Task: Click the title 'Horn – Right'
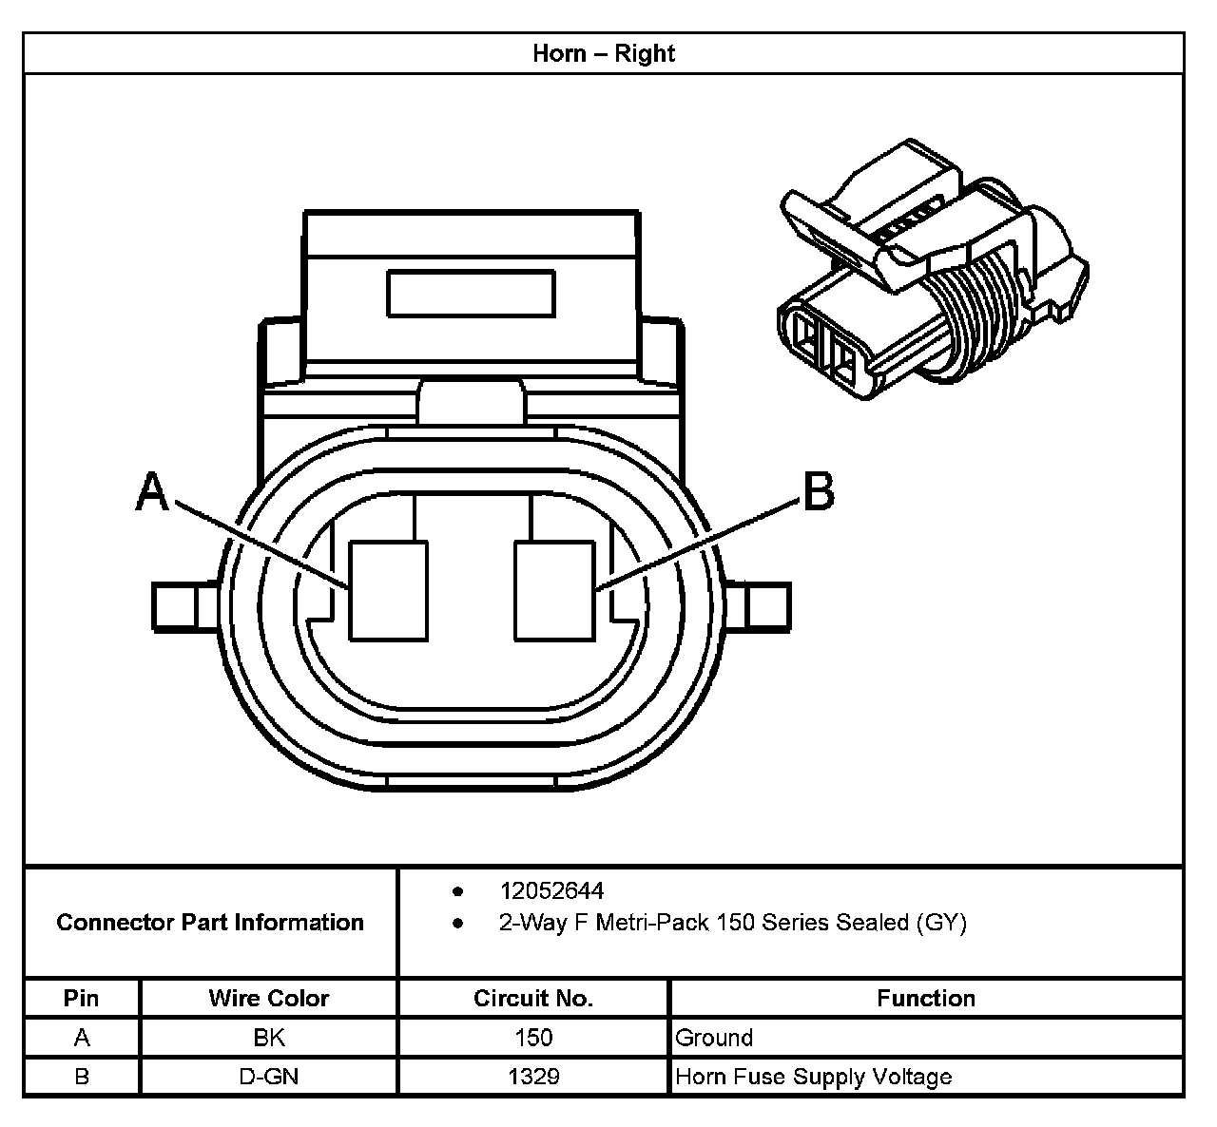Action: [604, 53]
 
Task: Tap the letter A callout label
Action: [153, 493]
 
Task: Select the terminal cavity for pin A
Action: [388, 590]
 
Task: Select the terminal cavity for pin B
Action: [554, 590]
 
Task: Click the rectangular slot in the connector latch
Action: [471, 294]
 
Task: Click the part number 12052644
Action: [551, 891]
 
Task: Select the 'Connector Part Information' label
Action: [210, 923]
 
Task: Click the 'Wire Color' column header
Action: [268, 999]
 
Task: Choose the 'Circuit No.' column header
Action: [532, 999]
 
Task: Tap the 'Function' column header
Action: [925, 999]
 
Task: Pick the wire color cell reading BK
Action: [268, 1038]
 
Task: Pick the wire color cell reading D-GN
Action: [268, 1077]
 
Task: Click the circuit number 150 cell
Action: [532, 1038]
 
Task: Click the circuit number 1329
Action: [532, 1077]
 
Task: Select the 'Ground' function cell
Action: [714, 1038]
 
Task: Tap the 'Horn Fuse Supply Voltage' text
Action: [813, 1077]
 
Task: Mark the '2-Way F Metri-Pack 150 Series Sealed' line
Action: [732, 923]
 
